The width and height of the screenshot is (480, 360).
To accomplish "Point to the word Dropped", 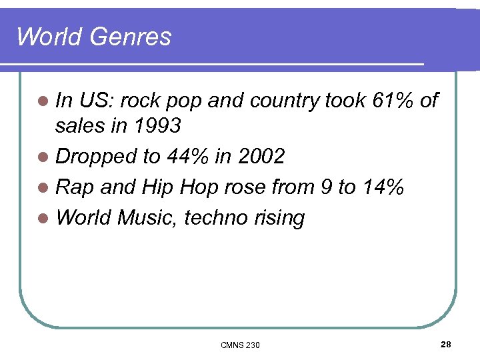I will (x=97, y=157).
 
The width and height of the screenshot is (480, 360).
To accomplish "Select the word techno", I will (x=217, y=217).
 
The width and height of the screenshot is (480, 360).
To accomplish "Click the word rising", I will (x=280, y=217).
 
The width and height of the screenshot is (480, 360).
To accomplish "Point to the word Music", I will (x=147, y=217).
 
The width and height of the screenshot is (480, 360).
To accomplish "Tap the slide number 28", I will (x=446, y=344).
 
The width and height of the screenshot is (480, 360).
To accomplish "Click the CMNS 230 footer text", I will (x=240, y=345).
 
